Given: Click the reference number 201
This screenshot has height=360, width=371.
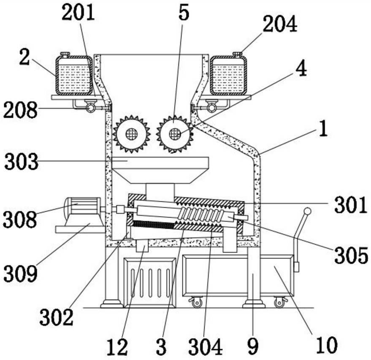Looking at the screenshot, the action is tap(79, 13).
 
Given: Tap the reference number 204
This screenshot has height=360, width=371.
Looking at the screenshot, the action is tap(280, 24).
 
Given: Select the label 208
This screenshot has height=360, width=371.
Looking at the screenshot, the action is tap(20, 110).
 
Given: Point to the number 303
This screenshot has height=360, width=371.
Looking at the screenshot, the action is tap(21, 162).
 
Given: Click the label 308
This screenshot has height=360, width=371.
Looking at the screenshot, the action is tap(20, 220).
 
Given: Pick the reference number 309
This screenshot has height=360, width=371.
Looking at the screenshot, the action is tap(21, 273).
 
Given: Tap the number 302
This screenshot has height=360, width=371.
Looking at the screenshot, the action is tap(56, 317).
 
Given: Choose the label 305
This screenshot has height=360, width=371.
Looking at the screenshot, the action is tap(351, 255).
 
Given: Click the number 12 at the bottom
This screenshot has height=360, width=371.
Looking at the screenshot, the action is tap(117, 347).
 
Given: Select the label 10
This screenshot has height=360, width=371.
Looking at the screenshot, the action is tap(327, 345).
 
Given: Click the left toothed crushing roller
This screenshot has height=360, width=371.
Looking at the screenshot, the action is tap(132, 134).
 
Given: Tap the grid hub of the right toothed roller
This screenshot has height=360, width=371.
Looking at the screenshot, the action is tap(175, 134).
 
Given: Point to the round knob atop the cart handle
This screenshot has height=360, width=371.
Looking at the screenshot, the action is tap(308, 211).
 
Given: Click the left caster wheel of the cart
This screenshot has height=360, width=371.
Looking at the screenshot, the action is tap(197, 302).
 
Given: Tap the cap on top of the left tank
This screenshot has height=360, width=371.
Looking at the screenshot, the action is tap(65, 54).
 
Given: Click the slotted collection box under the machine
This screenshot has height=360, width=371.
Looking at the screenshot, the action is tap(150, 283).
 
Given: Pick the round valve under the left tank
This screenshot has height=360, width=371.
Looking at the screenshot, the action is tap(90, 108).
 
